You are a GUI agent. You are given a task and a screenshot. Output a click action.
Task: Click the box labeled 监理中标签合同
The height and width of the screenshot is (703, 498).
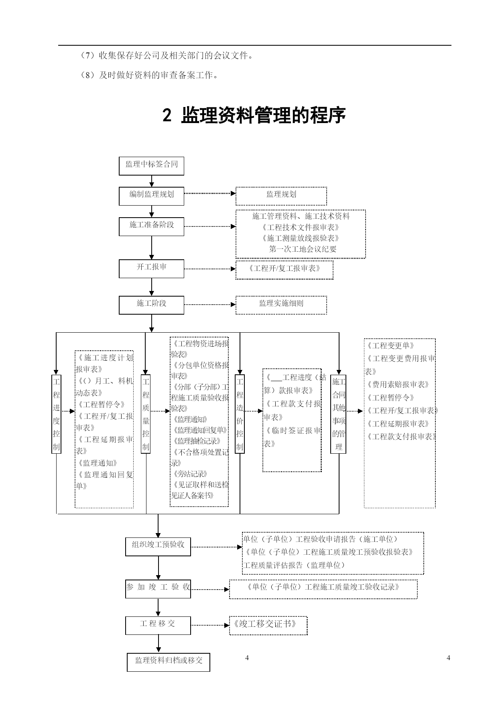click(x=151, y=166)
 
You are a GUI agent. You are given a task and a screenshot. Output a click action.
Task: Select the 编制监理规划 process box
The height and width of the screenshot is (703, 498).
click(x=151, y=196)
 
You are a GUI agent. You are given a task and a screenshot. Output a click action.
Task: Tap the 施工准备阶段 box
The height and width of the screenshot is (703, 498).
click(x=151, y=226)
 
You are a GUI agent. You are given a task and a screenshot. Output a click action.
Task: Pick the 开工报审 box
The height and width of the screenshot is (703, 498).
click(x=151, y=269)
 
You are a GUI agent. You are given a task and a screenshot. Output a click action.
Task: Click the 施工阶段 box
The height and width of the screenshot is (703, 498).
click(x=151, y=305)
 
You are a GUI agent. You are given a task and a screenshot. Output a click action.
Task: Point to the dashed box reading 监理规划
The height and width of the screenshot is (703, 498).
click(x=281, y=196)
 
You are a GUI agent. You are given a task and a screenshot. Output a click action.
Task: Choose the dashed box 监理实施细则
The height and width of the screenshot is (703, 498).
click(x=281, y=305)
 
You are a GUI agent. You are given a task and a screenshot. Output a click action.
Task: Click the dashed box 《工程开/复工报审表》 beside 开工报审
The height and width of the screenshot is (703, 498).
click(x=284, y=270)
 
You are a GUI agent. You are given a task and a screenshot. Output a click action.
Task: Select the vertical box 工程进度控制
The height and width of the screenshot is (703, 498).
click(x=56, y=414)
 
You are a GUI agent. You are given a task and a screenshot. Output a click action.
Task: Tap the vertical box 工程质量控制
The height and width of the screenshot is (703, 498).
click(x=146, y=414)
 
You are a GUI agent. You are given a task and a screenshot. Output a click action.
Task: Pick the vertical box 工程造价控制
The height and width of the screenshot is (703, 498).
click(x=240, y=414)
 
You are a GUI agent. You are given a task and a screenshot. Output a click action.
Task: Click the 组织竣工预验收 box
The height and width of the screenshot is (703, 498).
click(x=158, y=547)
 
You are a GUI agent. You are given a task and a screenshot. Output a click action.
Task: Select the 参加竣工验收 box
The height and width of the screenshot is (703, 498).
click(x=158, y=589)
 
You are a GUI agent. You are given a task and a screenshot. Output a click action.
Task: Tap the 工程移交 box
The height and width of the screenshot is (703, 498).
click(x=158, y=625)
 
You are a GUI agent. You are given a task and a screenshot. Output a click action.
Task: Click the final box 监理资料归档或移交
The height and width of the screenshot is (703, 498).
click(x=169, y=662)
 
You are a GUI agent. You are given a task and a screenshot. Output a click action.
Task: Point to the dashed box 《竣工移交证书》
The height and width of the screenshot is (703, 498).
click(x=268, y=626)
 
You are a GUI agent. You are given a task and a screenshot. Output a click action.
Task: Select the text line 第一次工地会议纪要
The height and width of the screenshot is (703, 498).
click(x=303, y=249)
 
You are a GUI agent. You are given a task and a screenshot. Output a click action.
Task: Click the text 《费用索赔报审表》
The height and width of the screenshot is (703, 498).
click(x=397, y=384)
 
